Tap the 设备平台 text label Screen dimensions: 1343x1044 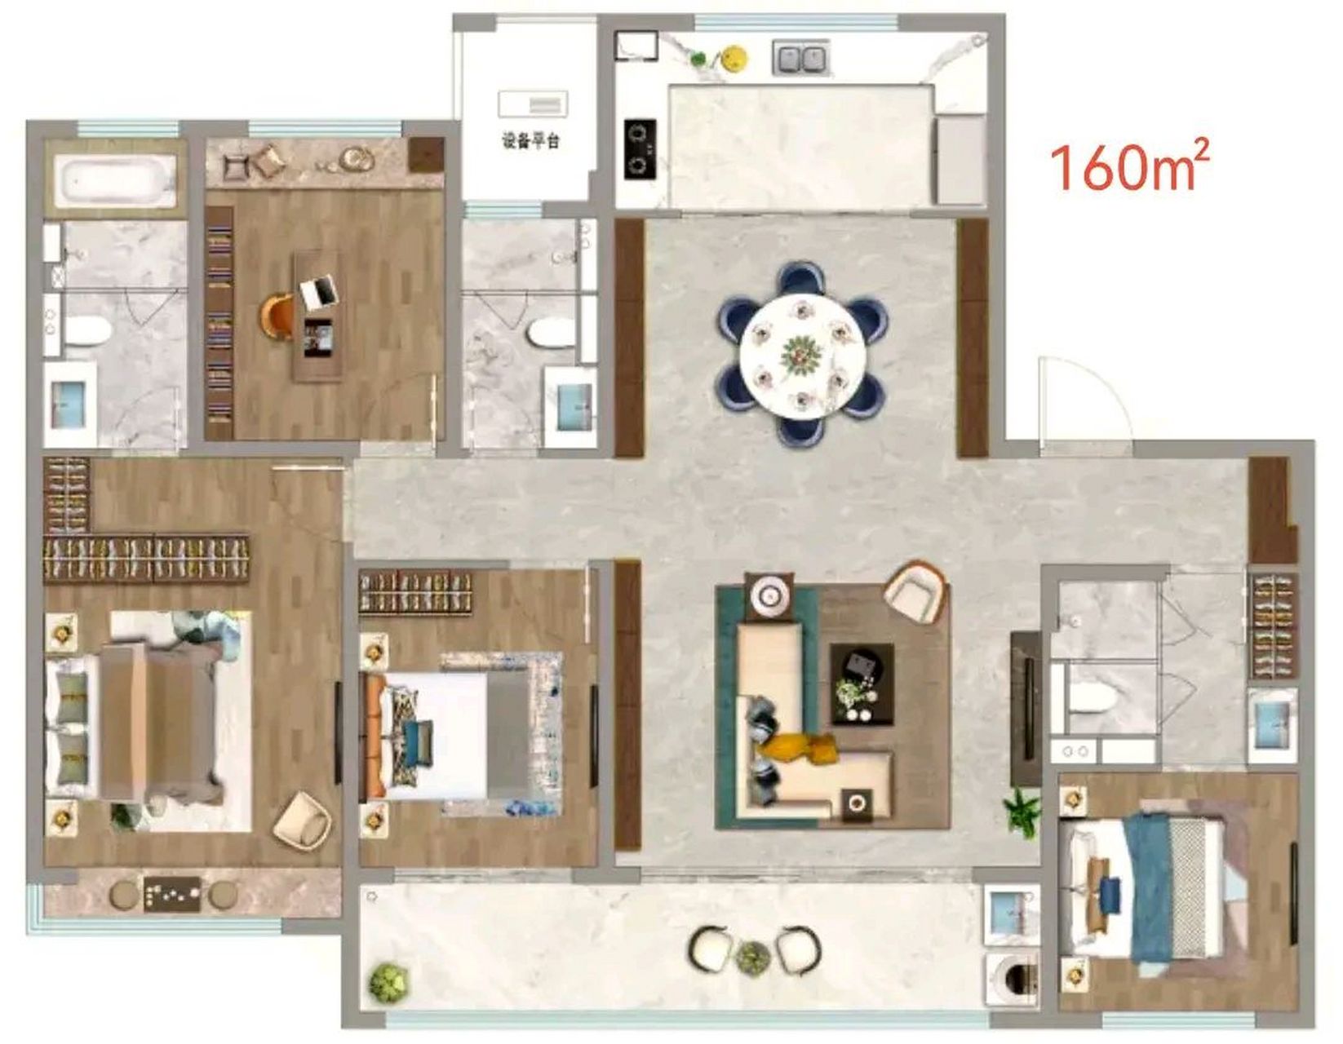tap(531, 141)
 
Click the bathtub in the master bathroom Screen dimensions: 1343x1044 tap(116, 179)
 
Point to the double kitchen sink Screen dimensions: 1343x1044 tap(800, 59)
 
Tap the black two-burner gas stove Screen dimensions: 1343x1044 tap(640, 149)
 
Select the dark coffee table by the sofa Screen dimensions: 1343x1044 tap(862, 683)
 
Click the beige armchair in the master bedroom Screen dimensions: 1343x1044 tap(302, 819)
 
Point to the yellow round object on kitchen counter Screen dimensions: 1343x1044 tap(734, 57)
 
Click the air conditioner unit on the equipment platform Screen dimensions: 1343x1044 tap(533, 103)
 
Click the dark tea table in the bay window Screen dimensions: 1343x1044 tap(172, 894)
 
